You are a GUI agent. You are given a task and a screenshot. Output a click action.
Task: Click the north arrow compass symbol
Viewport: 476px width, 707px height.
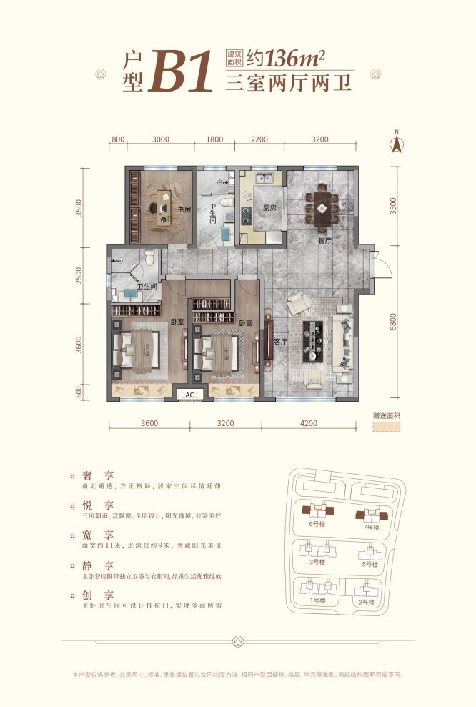395,142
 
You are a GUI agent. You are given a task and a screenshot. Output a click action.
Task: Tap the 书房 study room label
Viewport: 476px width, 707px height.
184,209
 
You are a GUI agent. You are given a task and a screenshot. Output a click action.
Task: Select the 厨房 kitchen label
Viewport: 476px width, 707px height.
269,208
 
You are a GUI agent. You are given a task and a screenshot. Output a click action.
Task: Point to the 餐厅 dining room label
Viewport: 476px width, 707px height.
325,241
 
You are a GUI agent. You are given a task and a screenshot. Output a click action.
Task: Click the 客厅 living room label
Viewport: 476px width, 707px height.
279,342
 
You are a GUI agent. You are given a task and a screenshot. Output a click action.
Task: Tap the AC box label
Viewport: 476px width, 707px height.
190,395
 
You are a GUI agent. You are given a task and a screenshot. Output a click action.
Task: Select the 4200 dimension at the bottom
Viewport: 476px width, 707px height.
308,423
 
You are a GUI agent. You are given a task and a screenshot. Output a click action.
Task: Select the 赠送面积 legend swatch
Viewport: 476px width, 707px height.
386,426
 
